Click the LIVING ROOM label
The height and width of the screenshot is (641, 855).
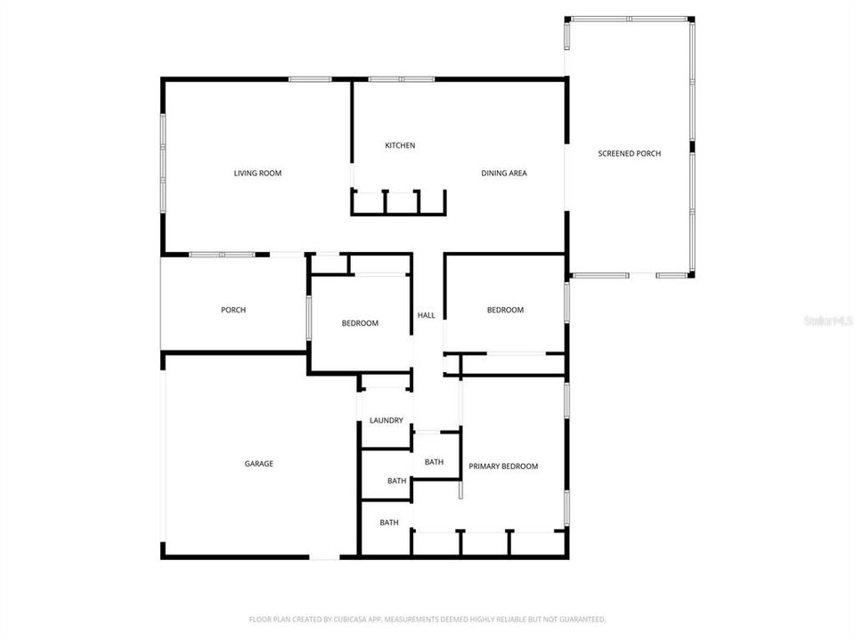pyautogui.click(x=257, y=173)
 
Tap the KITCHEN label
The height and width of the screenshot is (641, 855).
pyautogui.click(x=400, y=145)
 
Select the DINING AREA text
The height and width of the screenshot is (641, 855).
pyautogui.click(x=504, y=173)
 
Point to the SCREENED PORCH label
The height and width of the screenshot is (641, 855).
pyautogui.click(x=629, y=154)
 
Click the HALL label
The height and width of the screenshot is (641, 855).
pyautogui.click(x=427, y=315)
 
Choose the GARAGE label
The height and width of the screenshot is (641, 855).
pyautogui.click(x=259, y=463)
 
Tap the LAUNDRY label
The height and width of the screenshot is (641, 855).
pyautogui.click(x=387, y=420)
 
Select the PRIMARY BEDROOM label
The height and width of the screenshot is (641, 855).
pyautogui.click(x=503, y=466)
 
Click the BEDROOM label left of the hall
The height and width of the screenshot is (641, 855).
pyautogui.click(x=360, y=323)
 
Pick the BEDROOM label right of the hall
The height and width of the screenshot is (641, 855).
pyautogui.click(x=505, y=310)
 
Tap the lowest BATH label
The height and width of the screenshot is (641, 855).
pyautogui.click(x=389, y=523)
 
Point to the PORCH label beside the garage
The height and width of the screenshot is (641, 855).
pyautogui.click(x=233, y=310)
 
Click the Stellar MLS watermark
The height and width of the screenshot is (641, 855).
pyautogui.click(x=827, y=318)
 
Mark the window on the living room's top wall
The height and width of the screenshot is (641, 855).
pyautogui.click(x=310, y=79)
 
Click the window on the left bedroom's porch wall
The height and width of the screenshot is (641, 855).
pyautogui.click(x=309, y=318)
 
